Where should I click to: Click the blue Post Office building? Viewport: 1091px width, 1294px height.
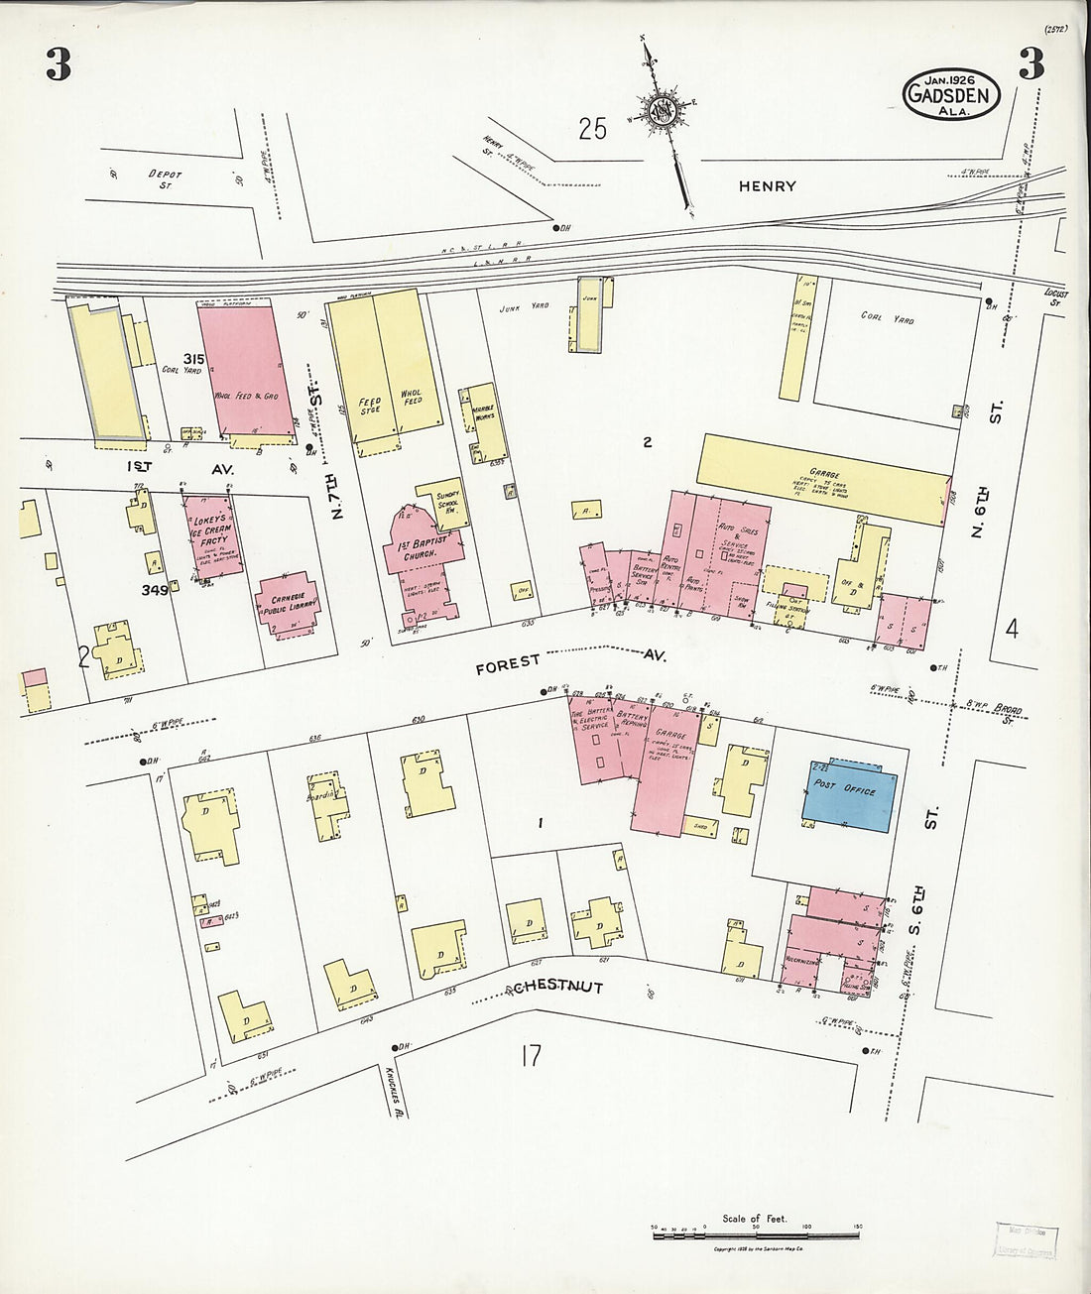tap(850, 795)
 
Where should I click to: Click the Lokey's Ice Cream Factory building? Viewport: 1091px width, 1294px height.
tap(209, 534)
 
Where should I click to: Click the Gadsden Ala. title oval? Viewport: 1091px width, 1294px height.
tap(950, 94)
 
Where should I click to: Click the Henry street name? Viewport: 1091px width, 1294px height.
tap(767, 185)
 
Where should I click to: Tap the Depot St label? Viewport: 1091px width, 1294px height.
tap(165, 179)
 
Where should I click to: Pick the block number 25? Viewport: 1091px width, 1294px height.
tap(592, 129)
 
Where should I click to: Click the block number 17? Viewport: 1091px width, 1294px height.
tap(531, 1056)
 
